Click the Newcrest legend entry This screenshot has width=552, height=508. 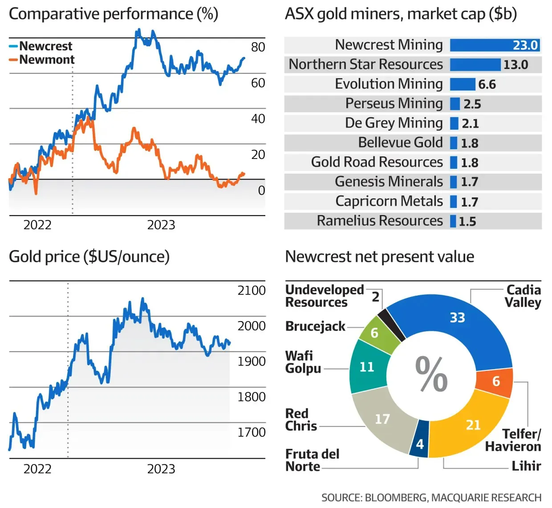click(x=45, y=46)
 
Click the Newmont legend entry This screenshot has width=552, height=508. click(x=46, y=60)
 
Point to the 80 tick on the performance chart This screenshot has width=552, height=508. click(x=258, y=47)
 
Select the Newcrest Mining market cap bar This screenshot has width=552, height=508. click(x=495, y=45)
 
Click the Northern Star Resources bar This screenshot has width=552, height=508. click(x=475, y=65)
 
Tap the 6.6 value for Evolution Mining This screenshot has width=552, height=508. click(x=487, y=85)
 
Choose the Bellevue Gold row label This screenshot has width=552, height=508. click(x=400, y=142)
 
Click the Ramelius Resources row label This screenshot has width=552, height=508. click(x=380, y=221)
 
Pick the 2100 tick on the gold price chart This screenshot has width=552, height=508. click(x=251, y=291)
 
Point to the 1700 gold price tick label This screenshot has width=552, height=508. click(x=251, y=432)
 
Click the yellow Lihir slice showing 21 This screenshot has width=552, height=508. click(x=467, y=427)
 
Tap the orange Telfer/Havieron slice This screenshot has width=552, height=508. click(x=495, y=382)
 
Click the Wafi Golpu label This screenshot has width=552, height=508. click(x=303, y=362)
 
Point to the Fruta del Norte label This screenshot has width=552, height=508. click(x=312, y=460)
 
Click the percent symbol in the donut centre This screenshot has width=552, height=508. click(x=431, y=374)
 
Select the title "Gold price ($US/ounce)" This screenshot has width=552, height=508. click(x=89, y=257)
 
